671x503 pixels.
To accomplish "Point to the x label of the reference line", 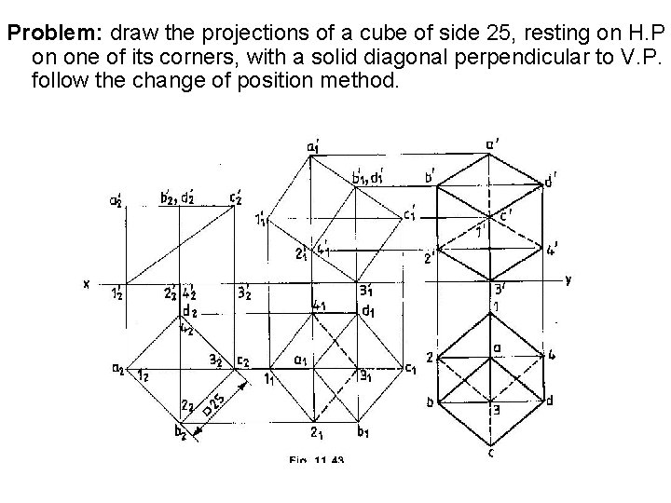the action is tap(86, 285).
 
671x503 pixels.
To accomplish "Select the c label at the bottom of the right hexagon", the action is tap(491, 454).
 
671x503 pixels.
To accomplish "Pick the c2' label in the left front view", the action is tap(239, 197).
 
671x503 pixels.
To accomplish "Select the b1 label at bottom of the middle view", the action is tap(363, 432).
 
